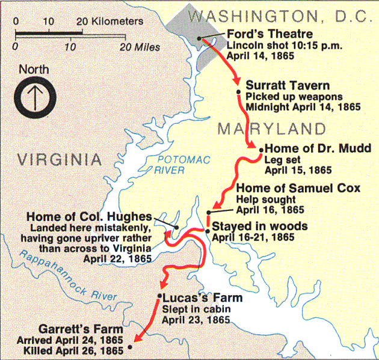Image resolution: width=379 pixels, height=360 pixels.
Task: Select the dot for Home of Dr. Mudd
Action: (260, 148)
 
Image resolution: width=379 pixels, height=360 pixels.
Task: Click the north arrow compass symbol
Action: (34, 96)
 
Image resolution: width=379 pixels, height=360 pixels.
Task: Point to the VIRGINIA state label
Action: (58, 159)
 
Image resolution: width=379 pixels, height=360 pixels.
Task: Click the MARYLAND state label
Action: (272, 129)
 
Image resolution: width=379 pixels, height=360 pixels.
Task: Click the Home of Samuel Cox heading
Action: (298, 189)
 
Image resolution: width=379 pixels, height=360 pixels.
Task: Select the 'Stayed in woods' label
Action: (260, 227)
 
